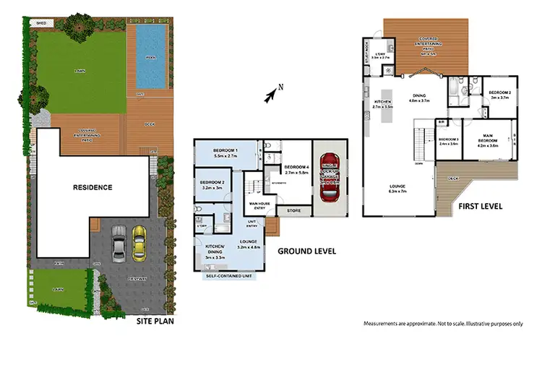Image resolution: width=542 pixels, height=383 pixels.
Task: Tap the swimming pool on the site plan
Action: pyautogui.click(x=150, y=56)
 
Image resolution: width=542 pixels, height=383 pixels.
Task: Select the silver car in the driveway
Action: pyautogui.click(x=119, y=243)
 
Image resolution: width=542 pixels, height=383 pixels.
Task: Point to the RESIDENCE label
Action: pyautogui.click(x=93, y=188)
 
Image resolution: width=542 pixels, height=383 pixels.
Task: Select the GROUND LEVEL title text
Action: pyautogui.click(x=306, y=252)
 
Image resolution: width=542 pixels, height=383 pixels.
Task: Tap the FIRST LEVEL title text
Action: pyautogui.click(x=481, y=207)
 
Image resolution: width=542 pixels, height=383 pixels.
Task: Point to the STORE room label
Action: pyautogui.click(x=293, y=211)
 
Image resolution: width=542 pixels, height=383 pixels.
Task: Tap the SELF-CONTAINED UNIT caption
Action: pyautogui.click(x=231, y=275)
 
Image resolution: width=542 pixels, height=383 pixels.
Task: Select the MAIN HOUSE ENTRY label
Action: pyautogui.click(x=259, y=205)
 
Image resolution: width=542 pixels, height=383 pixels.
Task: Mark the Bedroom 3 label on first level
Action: pyautogui.click(x=449, y=140)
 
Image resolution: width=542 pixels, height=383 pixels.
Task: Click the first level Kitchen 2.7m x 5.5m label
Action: pyautogui.click(x=382, y=104)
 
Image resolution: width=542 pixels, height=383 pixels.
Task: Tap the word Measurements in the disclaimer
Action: pyautogui.click(x=382, y=323)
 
